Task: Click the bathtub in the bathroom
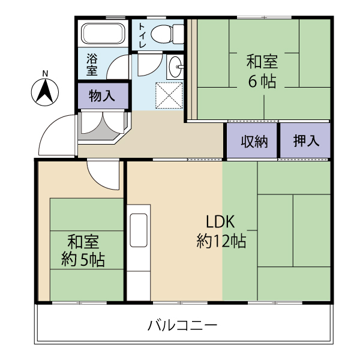[103, 33]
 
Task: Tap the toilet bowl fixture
[167, 34]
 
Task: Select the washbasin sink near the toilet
[175, 67]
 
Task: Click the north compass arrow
[45, 91]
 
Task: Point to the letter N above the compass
[45, 74]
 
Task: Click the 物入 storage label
[102, 96]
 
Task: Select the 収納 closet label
[254, 142]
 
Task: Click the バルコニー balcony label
[182, 326]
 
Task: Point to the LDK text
[220, 222]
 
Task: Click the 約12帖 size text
[221, 241]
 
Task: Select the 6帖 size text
[262, 81]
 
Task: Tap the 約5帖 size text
[83, 260]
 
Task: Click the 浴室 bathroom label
[92, 65]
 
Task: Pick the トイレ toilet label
[142, 36]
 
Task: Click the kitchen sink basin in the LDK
[139, 230]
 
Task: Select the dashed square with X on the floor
[169, 95]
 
